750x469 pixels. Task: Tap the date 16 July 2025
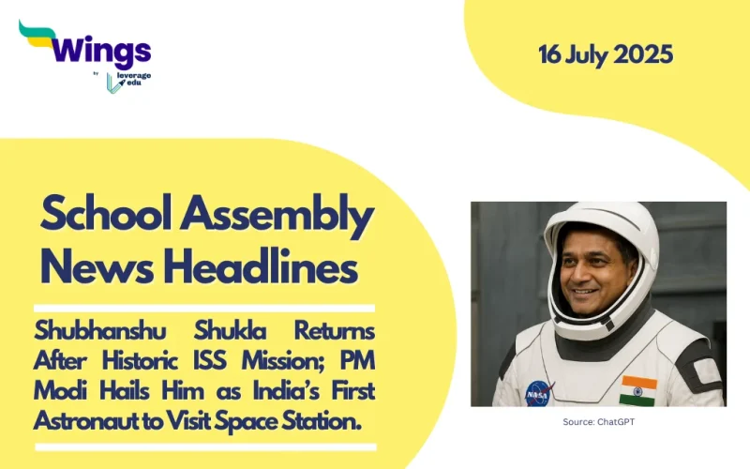606,54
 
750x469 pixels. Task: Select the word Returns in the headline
334,332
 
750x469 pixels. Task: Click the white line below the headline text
204,446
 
